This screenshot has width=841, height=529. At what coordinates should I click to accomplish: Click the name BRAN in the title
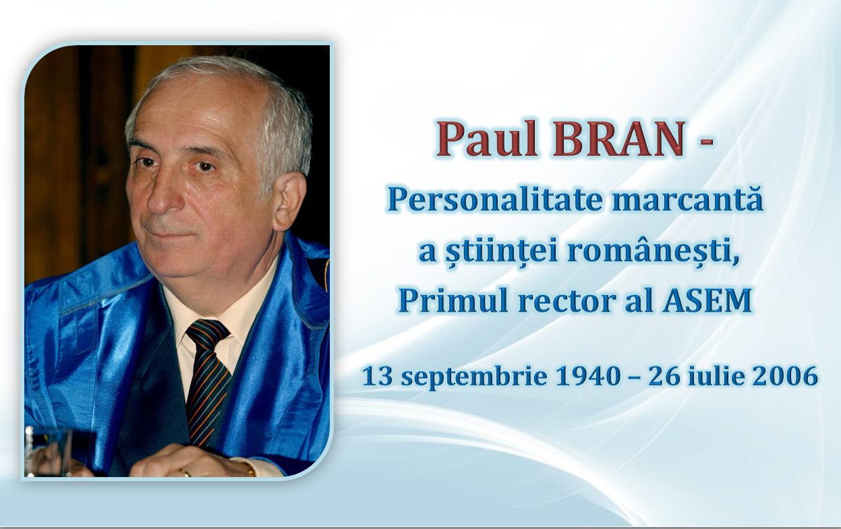click(618, 138)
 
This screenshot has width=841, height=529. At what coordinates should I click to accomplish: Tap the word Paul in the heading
click(486, 138)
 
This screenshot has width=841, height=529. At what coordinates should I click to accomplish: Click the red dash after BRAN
click(706, 141)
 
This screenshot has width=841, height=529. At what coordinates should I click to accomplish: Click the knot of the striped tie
click(207, 333)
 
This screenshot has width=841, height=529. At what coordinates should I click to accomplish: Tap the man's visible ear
click(290, 200)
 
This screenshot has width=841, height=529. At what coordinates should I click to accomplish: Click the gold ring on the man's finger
click(184, 472)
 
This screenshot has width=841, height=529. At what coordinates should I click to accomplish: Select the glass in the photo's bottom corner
click(48, 452)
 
